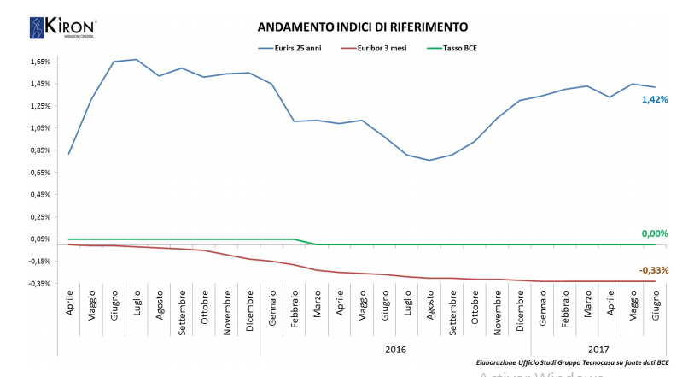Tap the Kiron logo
(62, 27)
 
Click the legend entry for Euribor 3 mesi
(376, 49)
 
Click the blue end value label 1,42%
(654, 100)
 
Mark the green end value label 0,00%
(654, 233)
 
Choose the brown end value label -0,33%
(653, 270)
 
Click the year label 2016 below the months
(395, 349)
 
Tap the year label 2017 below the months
(598, 349)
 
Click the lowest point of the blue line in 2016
(429, 160)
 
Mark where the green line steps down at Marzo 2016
(317, 244)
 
